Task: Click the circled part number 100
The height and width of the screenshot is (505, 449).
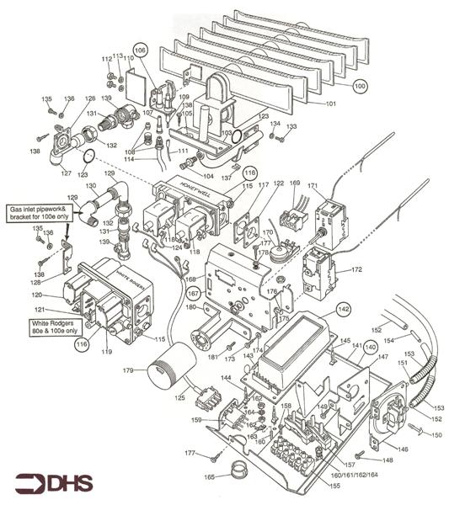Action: click(x=360, y=86)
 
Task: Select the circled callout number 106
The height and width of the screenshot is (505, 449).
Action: click(x=141, y=50)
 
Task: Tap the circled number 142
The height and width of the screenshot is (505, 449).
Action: click(x=343, y=310)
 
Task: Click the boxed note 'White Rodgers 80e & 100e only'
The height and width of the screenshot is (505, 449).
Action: click(x=37, y=325)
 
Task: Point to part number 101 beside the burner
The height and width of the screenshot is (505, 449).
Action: click(x=331, y=104)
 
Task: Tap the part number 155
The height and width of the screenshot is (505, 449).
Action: click(x=335, y=486)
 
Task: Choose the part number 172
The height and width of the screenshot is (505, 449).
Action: click(x=356, y=270)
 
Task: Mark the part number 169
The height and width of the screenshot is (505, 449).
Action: click(x=294, y=183)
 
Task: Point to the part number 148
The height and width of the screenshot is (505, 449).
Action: click(x=388, y=460)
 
